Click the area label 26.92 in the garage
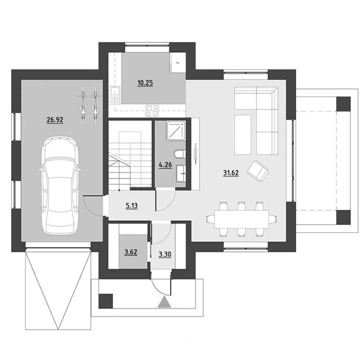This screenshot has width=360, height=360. click(55, 120)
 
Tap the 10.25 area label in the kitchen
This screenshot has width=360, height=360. click(145, 83)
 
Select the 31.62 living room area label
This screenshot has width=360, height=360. click(231, 173)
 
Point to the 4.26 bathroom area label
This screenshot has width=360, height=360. click(165, 165)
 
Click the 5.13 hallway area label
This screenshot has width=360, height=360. click(131, 206)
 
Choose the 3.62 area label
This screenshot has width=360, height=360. click(130, 252)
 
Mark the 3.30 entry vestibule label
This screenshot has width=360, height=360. click(165, 254)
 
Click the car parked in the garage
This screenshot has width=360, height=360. click(60, 185)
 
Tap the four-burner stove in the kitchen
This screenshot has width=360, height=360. click(153, 111)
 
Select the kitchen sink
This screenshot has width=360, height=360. click(115, 94)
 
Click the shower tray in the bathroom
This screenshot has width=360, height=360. click(176, 130)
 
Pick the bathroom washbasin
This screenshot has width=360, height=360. click(181, 174)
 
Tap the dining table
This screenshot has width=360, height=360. click(242, 219)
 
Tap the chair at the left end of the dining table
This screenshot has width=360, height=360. click(210, 219)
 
